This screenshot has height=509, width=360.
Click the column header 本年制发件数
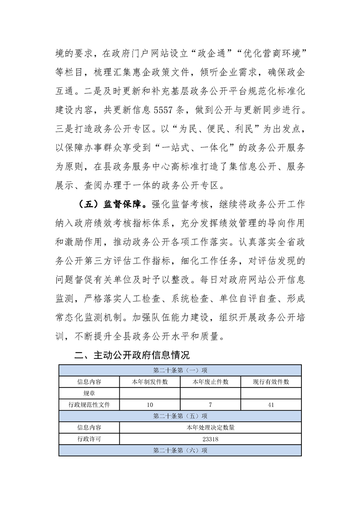(x=150, y=382)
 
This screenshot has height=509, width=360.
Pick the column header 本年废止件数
(x=211, y=382)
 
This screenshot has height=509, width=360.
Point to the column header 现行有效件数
(x=271, y=382)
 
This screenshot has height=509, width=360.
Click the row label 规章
(x=89, y=393)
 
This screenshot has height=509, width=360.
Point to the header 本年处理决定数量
(x=211, y=427)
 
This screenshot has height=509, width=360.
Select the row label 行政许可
(x=89, y=439)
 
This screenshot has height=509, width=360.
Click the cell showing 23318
(x=211, y=439)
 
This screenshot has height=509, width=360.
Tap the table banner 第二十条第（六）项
(x=180, y=450)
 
